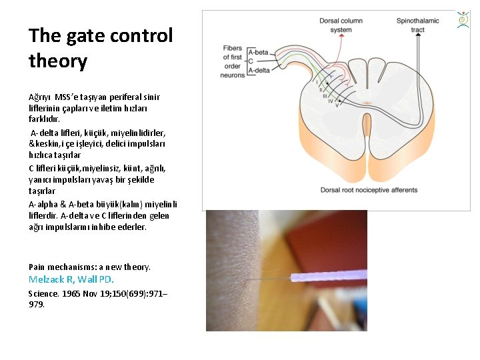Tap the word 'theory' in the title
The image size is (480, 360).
[x=58, y=62]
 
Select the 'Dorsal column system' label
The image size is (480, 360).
[x=341, y=25]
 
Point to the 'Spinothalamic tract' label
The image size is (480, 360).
[x=417, y=25]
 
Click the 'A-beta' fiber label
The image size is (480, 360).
[x=259, y=52]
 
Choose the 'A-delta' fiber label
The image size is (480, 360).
[x=259, y=69]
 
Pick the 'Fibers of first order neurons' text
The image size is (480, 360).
[x=233, y=61]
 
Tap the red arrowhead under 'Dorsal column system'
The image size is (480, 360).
[x=341, y=38]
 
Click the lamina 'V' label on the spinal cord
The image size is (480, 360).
[x=336, y=105]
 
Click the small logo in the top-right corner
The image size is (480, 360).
[x=463, y=20]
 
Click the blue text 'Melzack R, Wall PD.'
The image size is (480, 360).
[x=71, y=279]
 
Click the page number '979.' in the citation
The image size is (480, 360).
[x=37, y=305]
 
